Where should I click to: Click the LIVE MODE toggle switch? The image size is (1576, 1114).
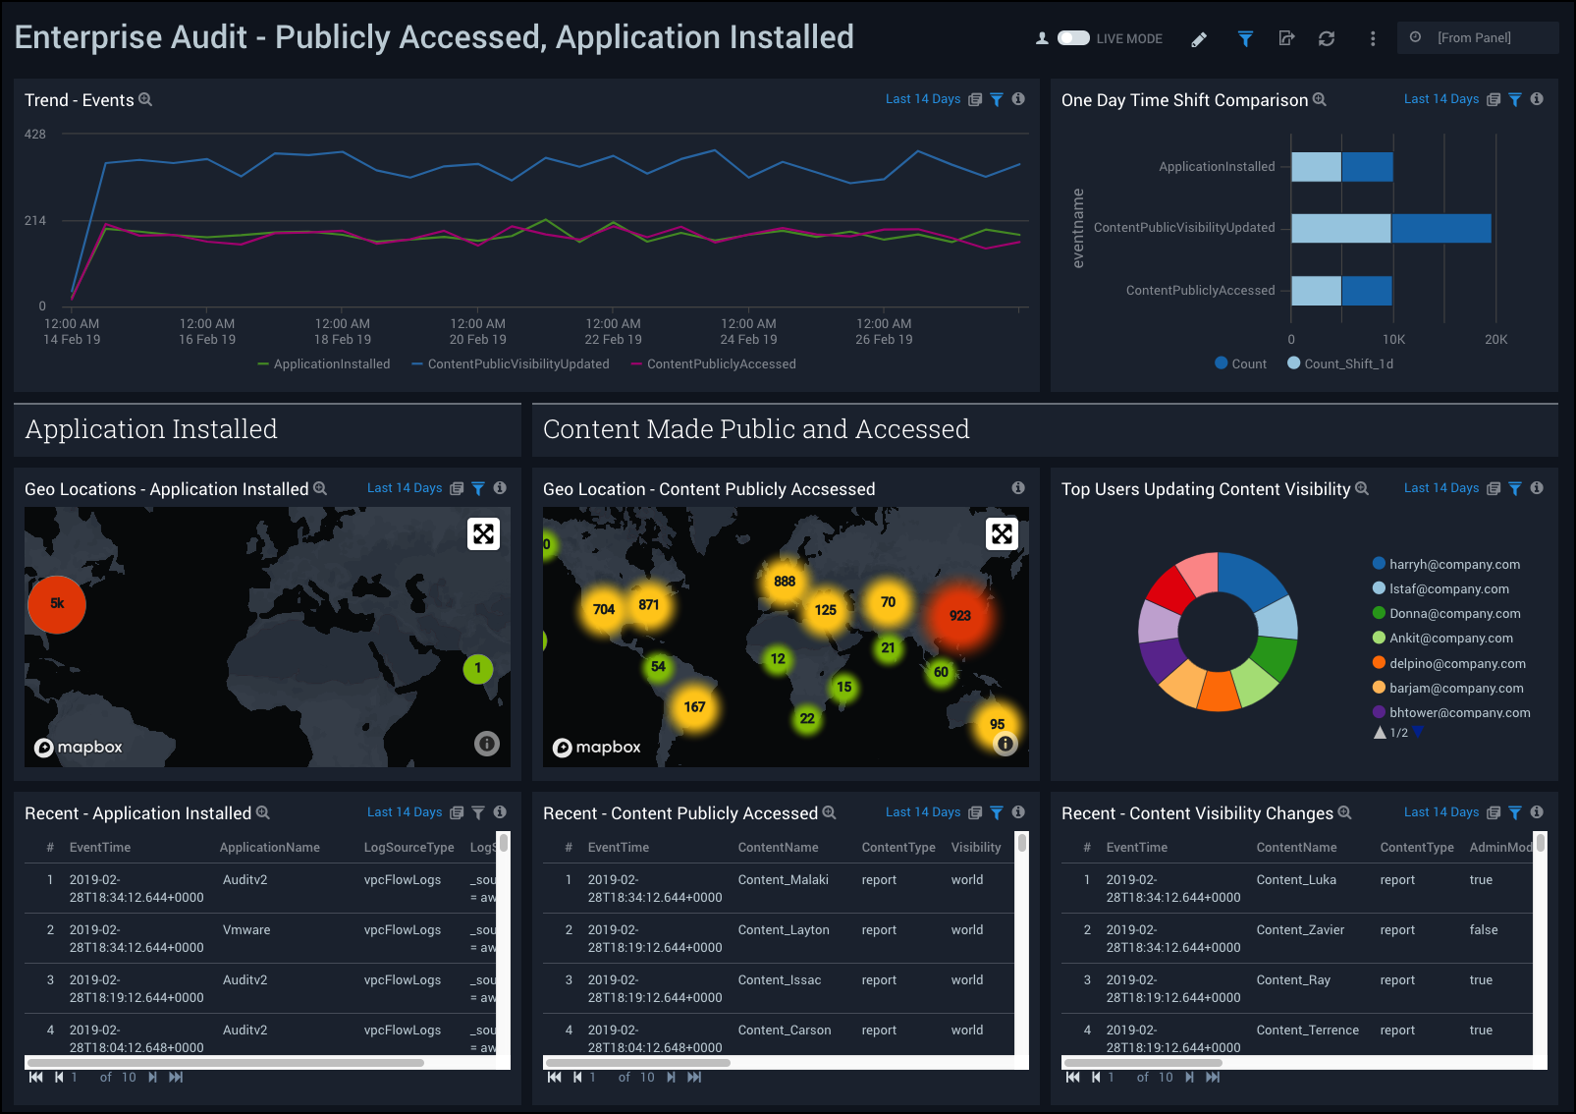pos(1073,38)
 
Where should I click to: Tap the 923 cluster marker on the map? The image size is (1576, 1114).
pos(959,616)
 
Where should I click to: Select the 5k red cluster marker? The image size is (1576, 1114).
pos(57,604)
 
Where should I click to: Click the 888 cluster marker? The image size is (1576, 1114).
pos(785,582)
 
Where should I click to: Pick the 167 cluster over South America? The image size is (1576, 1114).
pos(694,707)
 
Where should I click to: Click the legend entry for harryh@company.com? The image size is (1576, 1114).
pos(1454,564)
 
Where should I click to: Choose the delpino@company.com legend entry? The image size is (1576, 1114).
pos(1457,663)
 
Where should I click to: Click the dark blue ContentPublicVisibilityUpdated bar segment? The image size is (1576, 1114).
pos(1440,228)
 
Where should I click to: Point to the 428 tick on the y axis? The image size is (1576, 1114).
pos(35,135)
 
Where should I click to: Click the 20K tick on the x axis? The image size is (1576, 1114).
pos(1495,340)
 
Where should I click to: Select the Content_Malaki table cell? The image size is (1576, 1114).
pos(783,880)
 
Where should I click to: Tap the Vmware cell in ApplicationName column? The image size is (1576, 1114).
pos(246,930)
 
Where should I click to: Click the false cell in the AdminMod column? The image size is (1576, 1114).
pos(1483,930)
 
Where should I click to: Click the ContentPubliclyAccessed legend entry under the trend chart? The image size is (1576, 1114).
pos(721,364)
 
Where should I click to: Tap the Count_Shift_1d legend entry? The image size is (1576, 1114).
pos(1347,364)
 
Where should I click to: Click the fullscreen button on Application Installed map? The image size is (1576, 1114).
pos(483,533)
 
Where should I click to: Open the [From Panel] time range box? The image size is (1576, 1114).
pos(1476,38)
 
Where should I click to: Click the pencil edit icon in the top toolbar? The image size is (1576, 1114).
pos(1199,39)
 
